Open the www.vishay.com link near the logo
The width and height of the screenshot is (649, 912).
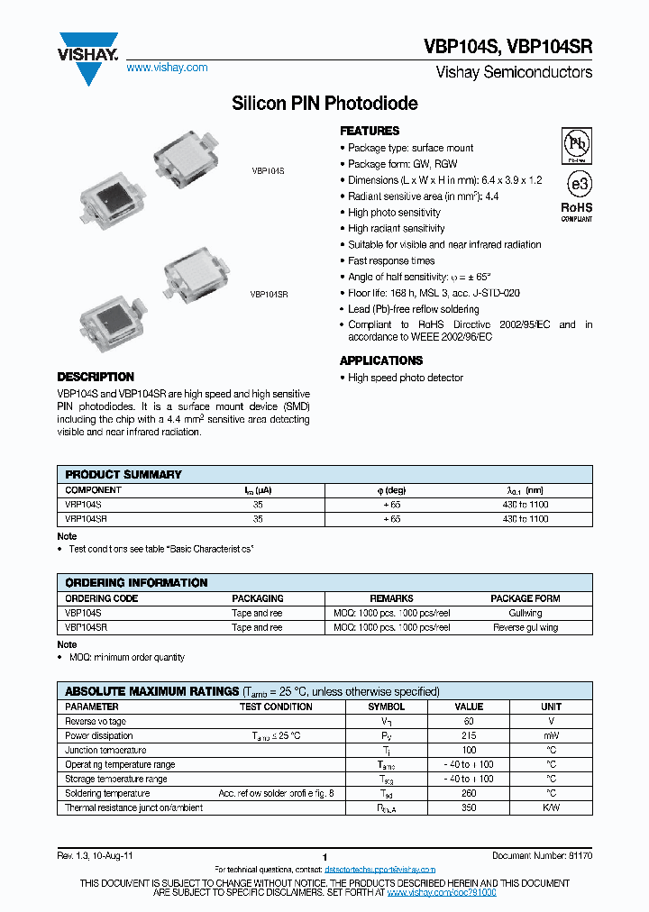point(167,68)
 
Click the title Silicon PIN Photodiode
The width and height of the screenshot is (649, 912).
point(324,104)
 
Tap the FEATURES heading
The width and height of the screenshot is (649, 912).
point(370,131)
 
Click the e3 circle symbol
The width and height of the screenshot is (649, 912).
point(577,184)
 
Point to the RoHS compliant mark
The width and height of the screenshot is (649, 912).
point(577,211)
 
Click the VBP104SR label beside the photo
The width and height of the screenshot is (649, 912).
point(269,294)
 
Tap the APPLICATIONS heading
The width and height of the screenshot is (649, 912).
point(381,360)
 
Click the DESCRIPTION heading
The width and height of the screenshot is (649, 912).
point(96,377)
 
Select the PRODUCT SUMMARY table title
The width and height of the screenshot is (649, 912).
point(123,474)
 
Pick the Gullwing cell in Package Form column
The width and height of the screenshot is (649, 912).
point(526,613)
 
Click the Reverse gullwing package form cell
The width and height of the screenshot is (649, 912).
point(526,627)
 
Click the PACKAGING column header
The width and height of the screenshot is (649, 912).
point(257,598)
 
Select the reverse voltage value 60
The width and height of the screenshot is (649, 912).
point(469,722)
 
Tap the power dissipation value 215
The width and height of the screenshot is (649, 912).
point(469,736)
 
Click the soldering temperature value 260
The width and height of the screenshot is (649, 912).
point(469,794)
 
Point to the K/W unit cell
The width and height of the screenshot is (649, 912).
point(551,808)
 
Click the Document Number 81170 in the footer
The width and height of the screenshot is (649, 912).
point(542,854)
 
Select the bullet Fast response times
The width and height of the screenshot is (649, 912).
point(391,260)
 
